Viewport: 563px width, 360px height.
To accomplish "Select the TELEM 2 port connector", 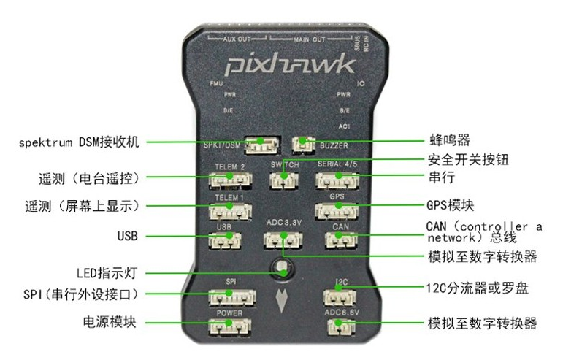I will tap(230, 181).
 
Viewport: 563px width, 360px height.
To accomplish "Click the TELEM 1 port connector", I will tap(230, 211).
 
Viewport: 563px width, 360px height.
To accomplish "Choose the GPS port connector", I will tap(336, 210).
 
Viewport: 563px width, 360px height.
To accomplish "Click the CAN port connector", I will tap(340, 240).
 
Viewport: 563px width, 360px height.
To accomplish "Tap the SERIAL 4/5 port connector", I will tap(336, 180).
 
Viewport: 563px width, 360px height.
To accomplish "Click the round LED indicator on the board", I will tap(281, 269).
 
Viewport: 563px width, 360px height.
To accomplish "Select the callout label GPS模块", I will tap(451, 204).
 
